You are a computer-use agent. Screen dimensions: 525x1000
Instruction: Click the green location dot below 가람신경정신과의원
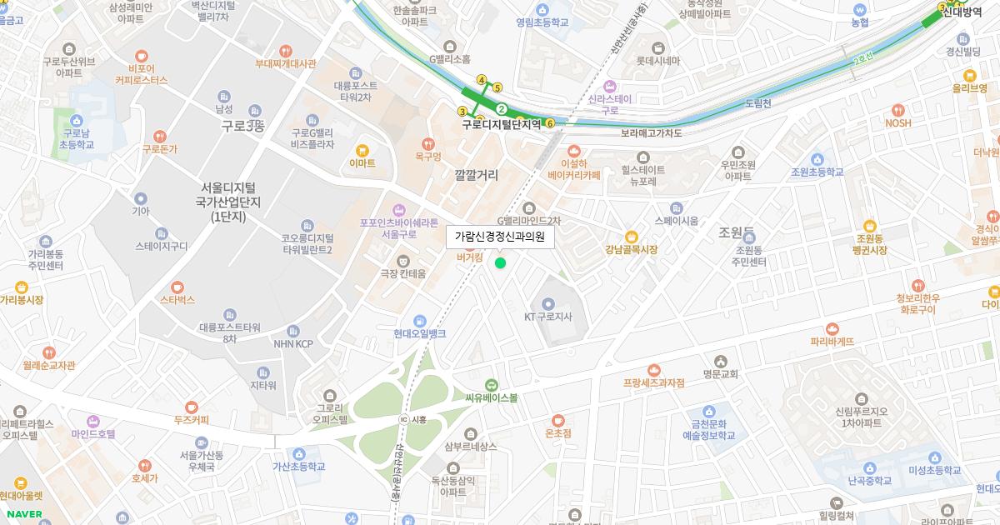(x=500, y=263)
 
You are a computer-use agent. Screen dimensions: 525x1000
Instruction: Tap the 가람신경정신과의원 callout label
(x=500, y=237)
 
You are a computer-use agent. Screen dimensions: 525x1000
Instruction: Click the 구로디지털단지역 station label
(x=502, y=124)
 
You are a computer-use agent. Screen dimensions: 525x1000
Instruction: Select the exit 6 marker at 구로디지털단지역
(x=550, y=123)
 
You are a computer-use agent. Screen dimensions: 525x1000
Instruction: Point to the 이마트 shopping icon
(x=362, y=151)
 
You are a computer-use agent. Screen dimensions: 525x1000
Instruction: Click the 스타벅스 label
(x=177, y=299)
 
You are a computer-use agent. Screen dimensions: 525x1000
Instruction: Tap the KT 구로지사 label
(x=548, y=317)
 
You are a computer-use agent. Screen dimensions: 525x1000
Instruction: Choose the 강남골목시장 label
(x=631, y=250)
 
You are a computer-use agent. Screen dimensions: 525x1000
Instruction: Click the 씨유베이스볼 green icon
(x=492, y=385)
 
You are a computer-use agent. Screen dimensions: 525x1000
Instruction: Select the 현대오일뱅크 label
(x=420, y=333)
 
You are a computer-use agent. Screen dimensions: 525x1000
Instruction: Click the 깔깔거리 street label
(x=477, y=176)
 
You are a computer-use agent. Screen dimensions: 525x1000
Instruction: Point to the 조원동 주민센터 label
(x=748, y=256)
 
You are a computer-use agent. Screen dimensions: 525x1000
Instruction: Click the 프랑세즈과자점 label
(x=653, y=382)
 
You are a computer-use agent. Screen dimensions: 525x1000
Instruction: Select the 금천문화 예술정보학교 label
(x=709, y=429)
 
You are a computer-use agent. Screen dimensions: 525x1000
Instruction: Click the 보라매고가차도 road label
(x=652, y=132)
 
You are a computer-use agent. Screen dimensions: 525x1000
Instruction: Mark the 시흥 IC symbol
(x=404, y=419)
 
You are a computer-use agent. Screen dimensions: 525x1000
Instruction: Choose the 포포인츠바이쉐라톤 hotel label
(x=398, y=228)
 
